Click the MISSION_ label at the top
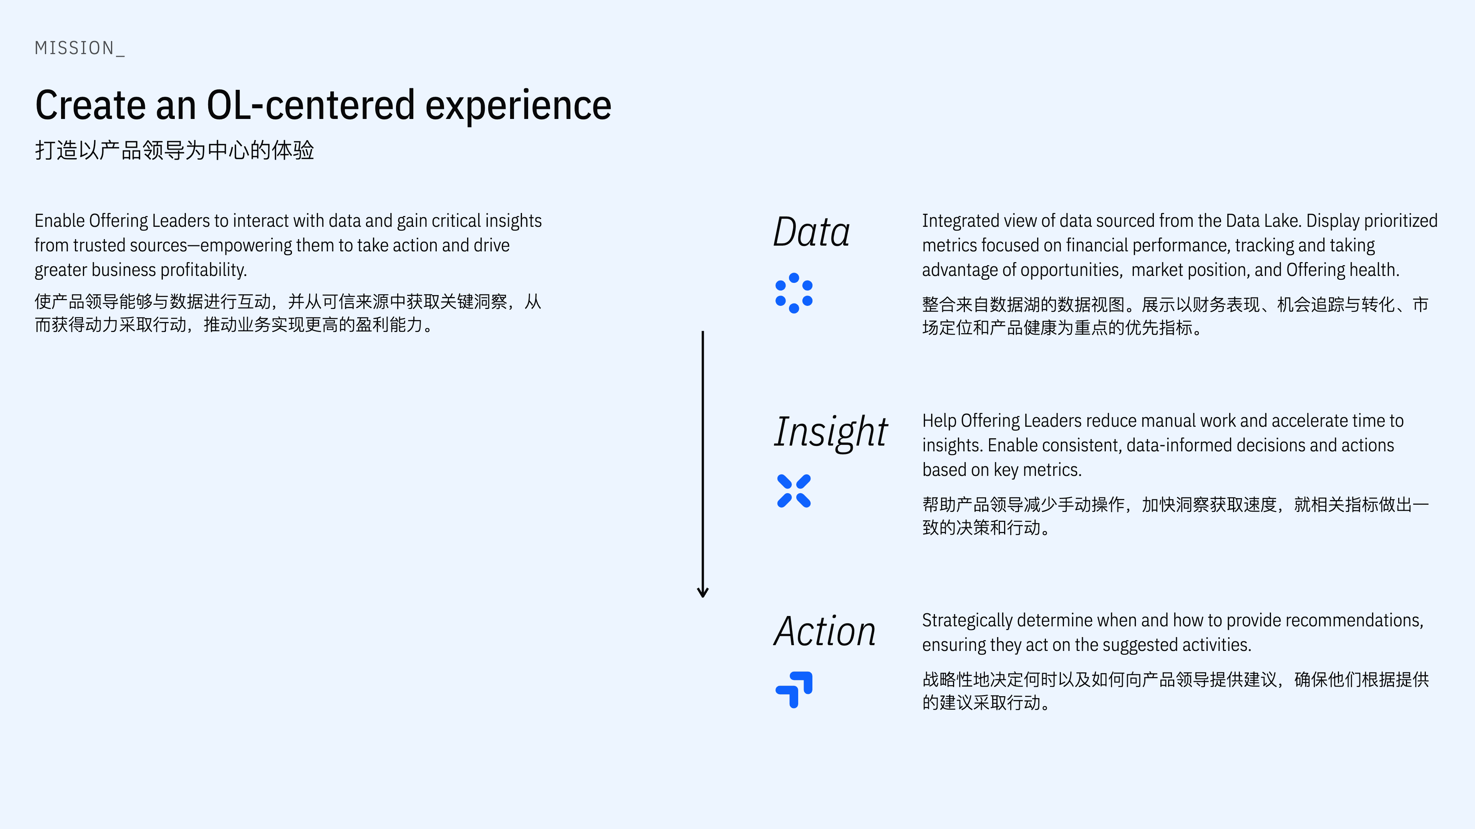pyautogui.click(x=80, y=48)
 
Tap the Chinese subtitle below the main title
pyautogui.click(x=175, y=150)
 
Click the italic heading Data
pyautogui.click(x=811, y=232)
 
